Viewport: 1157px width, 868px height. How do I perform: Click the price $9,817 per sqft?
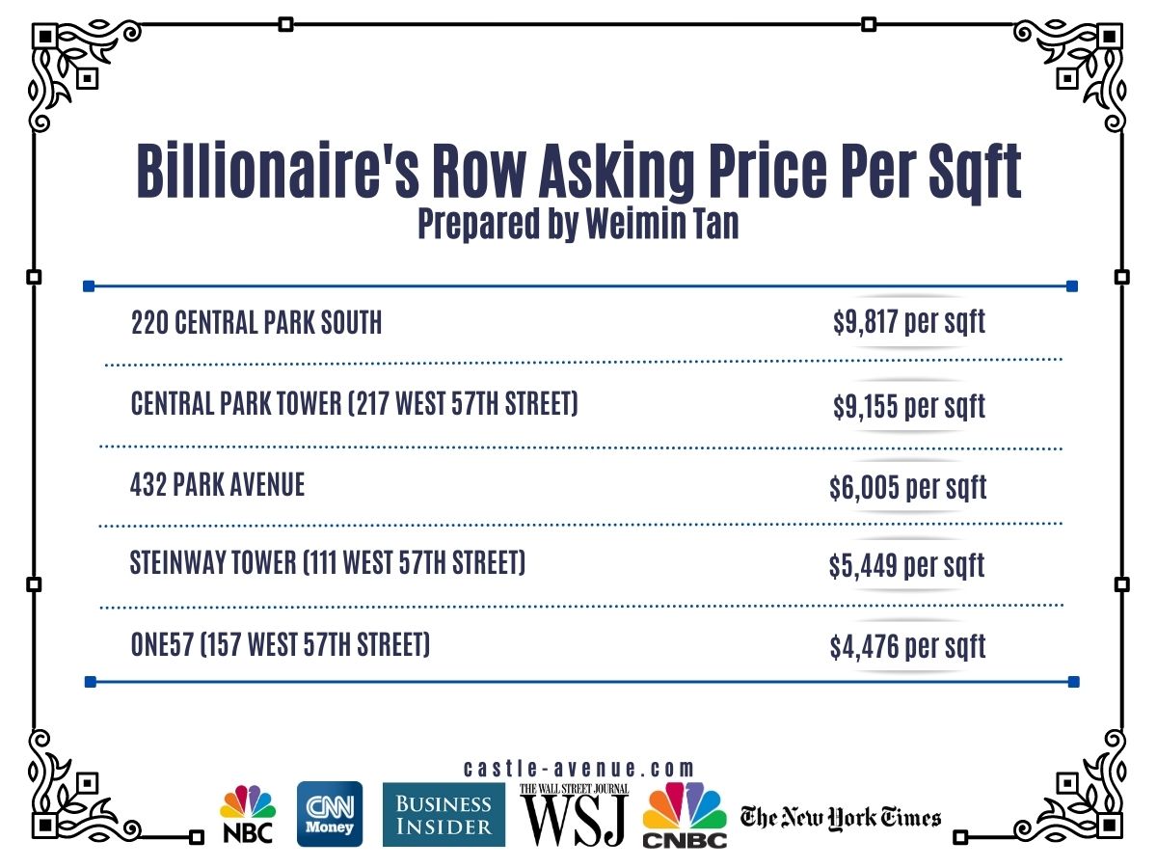tap(909, 322)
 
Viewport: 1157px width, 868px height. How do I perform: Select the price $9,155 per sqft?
tap(909, 406)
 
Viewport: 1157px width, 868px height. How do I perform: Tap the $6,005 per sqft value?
tap(907, 488)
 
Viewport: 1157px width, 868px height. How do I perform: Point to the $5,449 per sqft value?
tap(906, 565)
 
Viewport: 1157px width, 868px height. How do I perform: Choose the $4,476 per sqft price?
tap(907, 646)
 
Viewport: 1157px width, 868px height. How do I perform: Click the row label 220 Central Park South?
tap(256, 323)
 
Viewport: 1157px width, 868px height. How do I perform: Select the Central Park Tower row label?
tap(354, 403)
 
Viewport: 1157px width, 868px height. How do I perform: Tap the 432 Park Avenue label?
tap(217, 484)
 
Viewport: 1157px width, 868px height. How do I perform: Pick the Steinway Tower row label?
tap(328, 562)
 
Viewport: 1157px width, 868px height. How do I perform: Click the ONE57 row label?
tap(280, 644)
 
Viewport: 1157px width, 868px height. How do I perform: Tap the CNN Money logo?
tap(330, 814)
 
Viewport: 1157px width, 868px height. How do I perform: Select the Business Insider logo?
tap(444, 814)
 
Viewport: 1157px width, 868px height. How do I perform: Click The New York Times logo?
tap(840, 818)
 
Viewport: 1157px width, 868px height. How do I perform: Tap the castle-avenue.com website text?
tap(578, 769)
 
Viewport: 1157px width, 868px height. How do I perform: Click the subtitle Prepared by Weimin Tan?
tap(578, 224)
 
